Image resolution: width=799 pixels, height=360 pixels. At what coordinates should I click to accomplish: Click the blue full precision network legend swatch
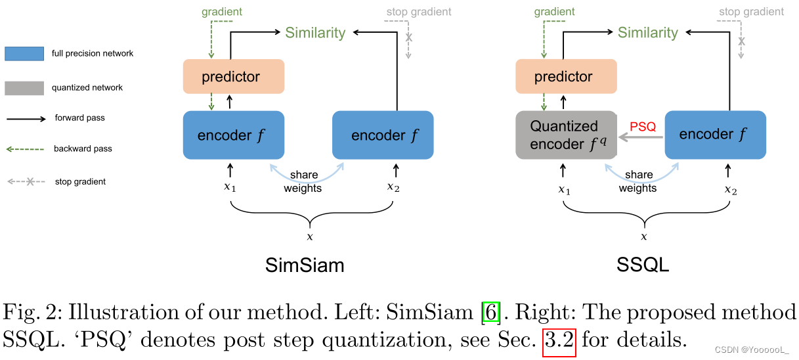pos(24,53)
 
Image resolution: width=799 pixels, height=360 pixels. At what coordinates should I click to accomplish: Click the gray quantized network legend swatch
pos(24,87)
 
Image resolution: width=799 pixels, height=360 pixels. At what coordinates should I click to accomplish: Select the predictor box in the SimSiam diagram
pos(233,77)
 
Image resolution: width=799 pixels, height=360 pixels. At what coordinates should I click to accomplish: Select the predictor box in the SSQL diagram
pos(565,77)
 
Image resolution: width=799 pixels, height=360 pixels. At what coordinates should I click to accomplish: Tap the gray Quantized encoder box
pos(565,135)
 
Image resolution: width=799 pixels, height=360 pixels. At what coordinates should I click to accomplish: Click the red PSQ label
pos(643,127)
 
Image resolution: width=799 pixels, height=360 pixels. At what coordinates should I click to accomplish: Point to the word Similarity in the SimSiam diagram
pos(315,33)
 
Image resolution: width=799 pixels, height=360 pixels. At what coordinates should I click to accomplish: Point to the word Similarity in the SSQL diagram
pos(647,33)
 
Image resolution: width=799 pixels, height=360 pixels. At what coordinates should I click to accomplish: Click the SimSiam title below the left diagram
pos(305,265)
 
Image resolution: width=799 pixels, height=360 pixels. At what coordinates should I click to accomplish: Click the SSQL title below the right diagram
pos(643,265)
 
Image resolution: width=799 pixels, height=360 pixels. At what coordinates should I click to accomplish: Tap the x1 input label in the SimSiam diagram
pos(229,187)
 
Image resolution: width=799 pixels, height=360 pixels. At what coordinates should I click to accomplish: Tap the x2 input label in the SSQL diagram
pos(731,189)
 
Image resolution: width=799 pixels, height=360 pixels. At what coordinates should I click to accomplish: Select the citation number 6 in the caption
pos(490,311)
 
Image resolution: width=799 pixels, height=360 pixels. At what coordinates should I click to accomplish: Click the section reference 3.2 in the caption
pos(559,340)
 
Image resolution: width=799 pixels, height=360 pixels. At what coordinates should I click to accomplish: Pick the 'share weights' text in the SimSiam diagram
pos(303,181)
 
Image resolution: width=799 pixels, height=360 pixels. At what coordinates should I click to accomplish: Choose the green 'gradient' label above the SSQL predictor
pos(555,12)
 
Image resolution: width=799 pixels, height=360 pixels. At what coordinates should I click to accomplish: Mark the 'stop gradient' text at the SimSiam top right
pos(419,12)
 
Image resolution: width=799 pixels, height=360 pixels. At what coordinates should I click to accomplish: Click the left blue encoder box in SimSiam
pos(233,135)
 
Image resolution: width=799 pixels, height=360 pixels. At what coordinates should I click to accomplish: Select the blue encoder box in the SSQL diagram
pos(715,135)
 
